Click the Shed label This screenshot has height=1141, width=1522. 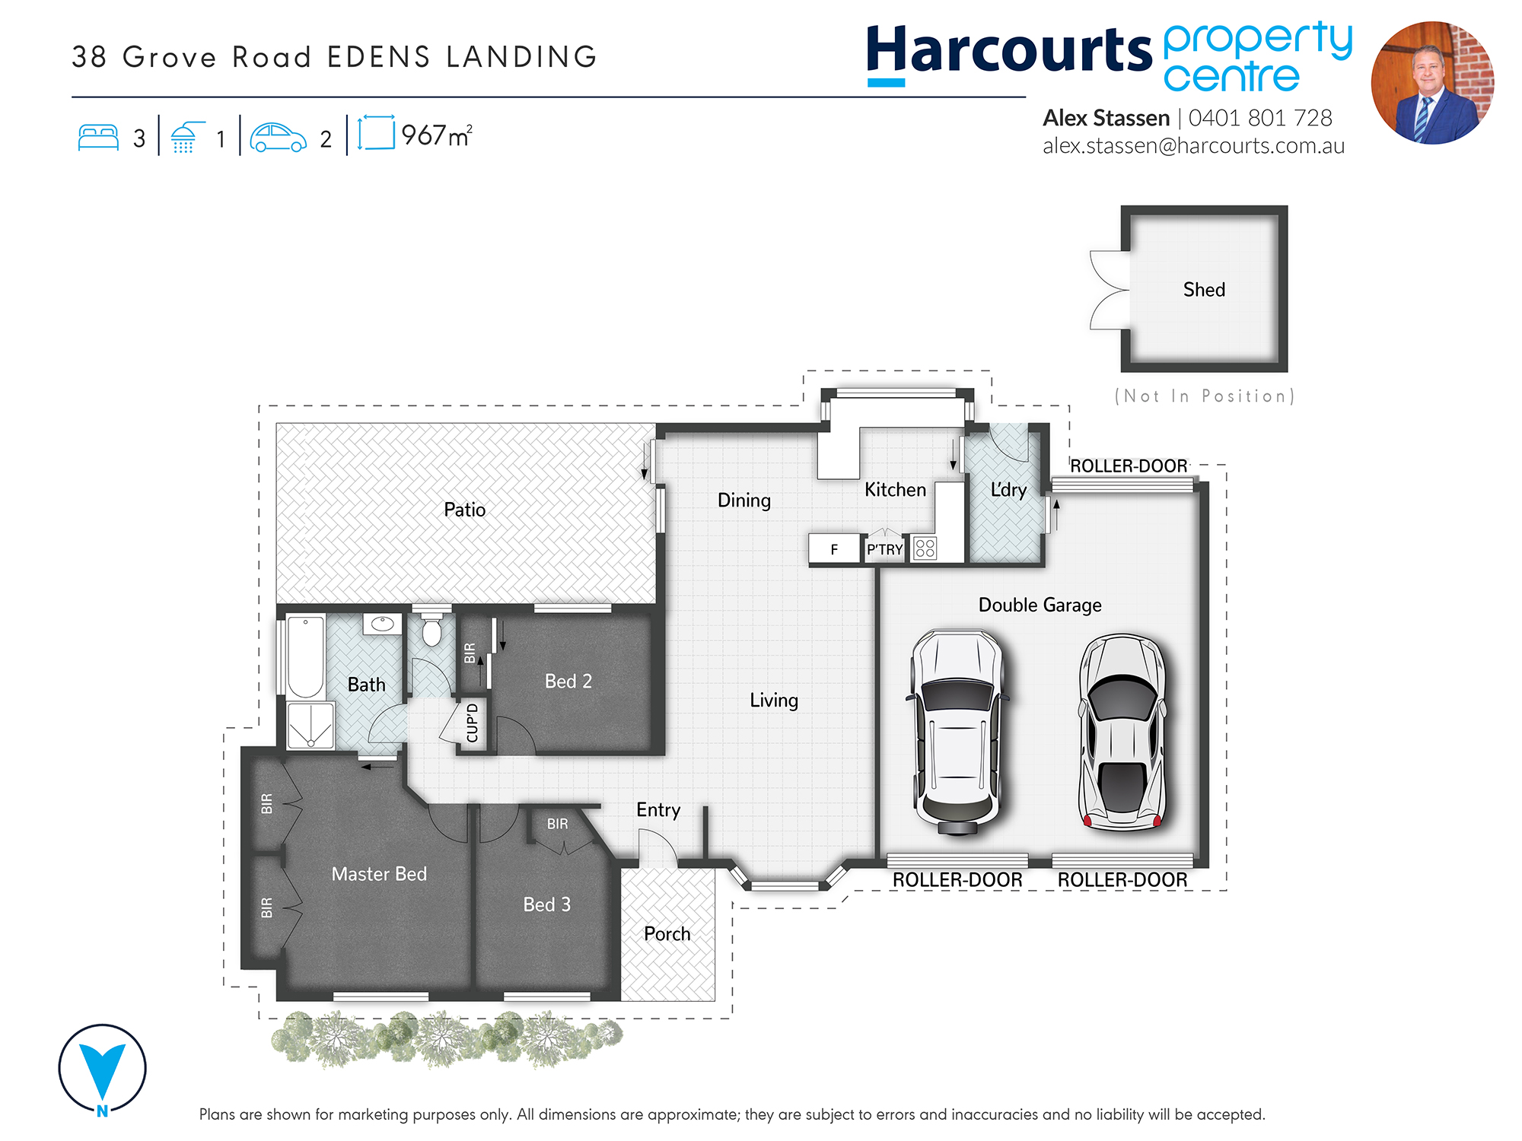[x=1204, y=290]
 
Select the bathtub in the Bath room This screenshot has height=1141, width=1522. [x=305, y=656]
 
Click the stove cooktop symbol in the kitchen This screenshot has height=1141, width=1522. [x=925, y=548]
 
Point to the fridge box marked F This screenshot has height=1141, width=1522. [x=834, y=548]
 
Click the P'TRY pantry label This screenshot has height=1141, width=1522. [x=884, y=549]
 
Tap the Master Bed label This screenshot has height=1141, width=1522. [x=379, y=874]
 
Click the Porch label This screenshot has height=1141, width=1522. [x=667, y=933]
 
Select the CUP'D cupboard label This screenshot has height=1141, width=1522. [x=473, y=723]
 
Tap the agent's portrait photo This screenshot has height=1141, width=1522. [x=1432, y=83]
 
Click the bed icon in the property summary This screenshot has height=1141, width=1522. [x=98, y=138]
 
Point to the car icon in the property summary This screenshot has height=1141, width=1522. [x=278, y=138]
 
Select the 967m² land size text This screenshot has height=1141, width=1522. [x=437, y=135]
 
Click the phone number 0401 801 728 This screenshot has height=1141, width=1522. [x=1260, y=118]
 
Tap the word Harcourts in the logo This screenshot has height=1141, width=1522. [x=1009, y=50]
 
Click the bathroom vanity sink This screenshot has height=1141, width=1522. [x=382, y=625]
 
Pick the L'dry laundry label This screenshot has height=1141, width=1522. [x=1008, y=490]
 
